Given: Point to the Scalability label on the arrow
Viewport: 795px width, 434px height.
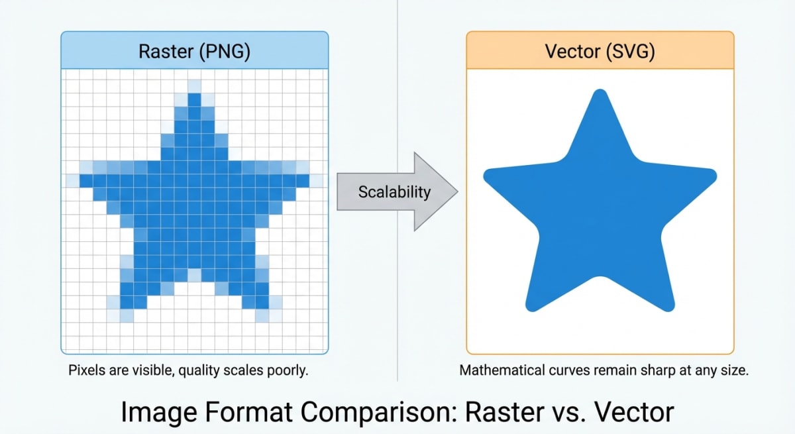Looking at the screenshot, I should [394, 192].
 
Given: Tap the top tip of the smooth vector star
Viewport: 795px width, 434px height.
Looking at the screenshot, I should [600, 96].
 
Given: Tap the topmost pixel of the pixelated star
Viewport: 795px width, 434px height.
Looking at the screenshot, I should [194, 87].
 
